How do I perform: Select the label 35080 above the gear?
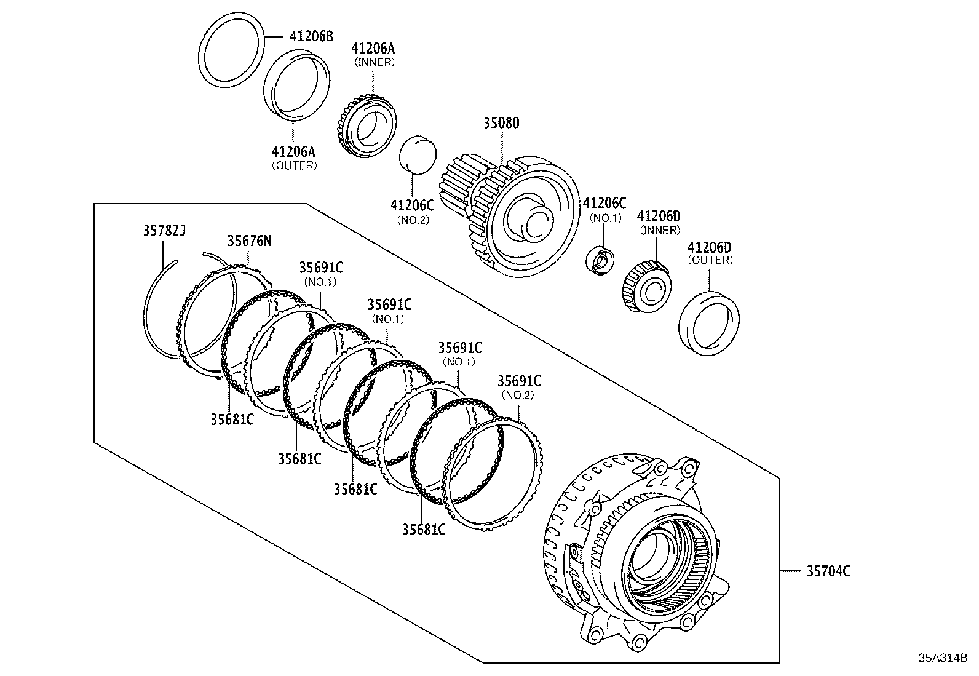pyautogui.click(x=501, y=123)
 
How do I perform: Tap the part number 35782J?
pyautogui.click(x=164, y=231)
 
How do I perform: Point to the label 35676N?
pyautogui.click(x=249, y=241)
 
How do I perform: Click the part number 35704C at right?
pyautogui.click(x=828, y=571)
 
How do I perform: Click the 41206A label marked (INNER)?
pyautogui.click(x=373, y=49)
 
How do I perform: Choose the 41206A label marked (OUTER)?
pyautogui.click(x=294, y=151)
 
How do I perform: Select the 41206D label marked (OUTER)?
pyautogui.click(x=710, y=247)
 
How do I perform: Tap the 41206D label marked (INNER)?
pyautogui.click(x=659, y=217)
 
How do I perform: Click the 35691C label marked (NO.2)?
pyautogui.click(x=518, y=381)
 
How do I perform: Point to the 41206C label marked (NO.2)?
pyautogui.click(x=412, y=205)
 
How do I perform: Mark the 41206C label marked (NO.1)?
pyautogui.click(x=604, y=203)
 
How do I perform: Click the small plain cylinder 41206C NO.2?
pyautogui.click(x=418, y=155)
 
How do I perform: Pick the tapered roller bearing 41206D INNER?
pyautogui.click(x=646, y=287)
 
